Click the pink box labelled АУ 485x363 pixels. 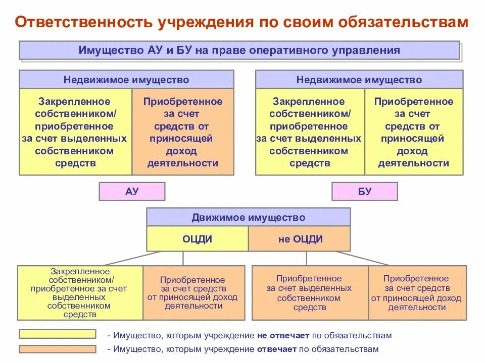132,192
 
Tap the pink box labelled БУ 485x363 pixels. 364,192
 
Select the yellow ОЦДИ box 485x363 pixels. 197,238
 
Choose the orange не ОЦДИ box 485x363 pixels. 300,238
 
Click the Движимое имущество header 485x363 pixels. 248,217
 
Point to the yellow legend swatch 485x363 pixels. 58,334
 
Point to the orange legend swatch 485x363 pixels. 58,349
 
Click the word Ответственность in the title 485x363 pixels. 82,23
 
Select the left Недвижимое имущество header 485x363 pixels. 126,80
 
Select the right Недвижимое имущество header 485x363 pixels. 359,80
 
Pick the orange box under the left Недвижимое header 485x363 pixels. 183,132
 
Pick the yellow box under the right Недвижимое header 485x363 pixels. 309,132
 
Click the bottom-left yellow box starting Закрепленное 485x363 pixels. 80,292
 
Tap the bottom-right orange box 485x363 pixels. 416,292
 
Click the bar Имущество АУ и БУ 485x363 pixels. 239,50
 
